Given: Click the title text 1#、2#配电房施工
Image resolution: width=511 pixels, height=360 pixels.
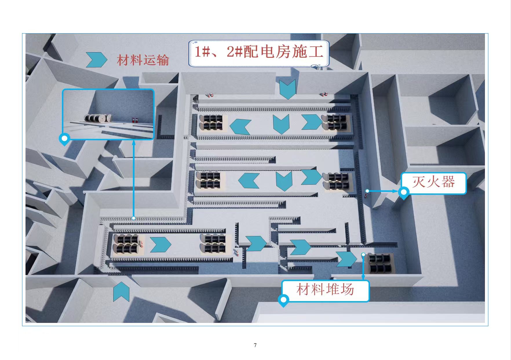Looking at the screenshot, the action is coord(259,52).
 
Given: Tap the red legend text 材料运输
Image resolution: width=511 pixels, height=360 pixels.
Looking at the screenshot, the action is coord(143,60).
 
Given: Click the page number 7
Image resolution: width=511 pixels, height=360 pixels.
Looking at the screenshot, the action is coord(255,345).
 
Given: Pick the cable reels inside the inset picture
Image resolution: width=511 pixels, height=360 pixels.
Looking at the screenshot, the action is coord(98,118).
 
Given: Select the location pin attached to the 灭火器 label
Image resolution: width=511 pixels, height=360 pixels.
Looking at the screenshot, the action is coord(404,193).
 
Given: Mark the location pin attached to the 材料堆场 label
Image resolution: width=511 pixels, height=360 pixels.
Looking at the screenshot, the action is coord(284,300).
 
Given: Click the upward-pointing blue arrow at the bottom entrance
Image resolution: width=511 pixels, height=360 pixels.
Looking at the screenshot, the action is coord(121,291).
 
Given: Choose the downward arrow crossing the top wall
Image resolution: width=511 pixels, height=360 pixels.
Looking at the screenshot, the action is coord(288,90).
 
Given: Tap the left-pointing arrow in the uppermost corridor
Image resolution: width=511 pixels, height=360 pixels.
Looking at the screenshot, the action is coord(240,127).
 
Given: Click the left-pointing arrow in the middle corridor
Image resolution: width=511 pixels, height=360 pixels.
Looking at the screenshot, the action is coord(249,181).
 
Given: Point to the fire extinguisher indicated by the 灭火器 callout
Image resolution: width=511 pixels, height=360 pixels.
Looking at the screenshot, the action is coord(366,195).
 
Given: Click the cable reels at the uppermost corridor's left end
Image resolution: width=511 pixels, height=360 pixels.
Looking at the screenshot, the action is coord(211,122).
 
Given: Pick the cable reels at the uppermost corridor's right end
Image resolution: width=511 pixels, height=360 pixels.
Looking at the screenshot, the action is coord(335,122).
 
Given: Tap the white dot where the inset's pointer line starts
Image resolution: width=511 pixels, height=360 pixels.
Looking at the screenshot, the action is coord(134,218).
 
